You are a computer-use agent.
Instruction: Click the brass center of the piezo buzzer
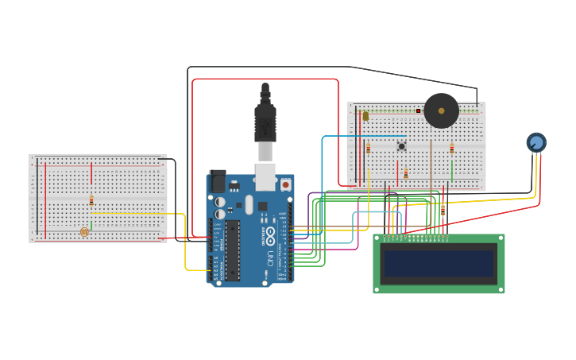coord(441,110)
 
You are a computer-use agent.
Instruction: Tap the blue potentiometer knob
coord(536,142)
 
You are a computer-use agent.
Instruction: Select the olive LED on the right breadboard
coord(365,116)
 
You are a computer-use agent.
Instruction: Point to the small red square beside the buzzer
coord(418,110)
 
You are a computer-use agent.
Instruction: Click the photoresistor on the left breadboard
coord(85,232)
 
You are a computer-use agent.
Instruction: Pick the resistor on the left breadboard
coord(91,200)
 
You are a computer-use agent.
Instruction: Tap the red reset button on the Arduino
coord(285,184)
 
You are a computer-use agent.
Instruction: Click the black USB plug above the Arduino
coord(265,119)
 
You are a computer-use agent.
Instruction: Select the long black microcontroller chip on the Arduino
coord(232,250)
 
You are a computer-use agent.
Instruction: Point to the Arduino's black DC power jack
coord(216,181)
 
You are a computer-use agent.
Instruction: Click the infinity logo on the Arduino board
coord(270,235)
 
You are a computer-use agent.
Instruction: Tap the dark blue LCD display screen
coord(439,264)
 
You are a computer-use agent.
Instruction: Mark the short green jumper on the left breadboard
coord(91,226)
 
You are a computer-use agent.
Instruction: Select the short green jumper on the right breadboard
coord(451,170)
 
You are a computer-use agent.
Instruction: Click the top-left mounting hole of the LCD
coord(378,238)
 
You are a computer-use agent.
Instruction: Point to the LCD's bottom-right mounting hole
coord(500,289)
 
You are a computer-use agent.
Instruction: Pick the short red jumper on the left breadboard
coord(91,173)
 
